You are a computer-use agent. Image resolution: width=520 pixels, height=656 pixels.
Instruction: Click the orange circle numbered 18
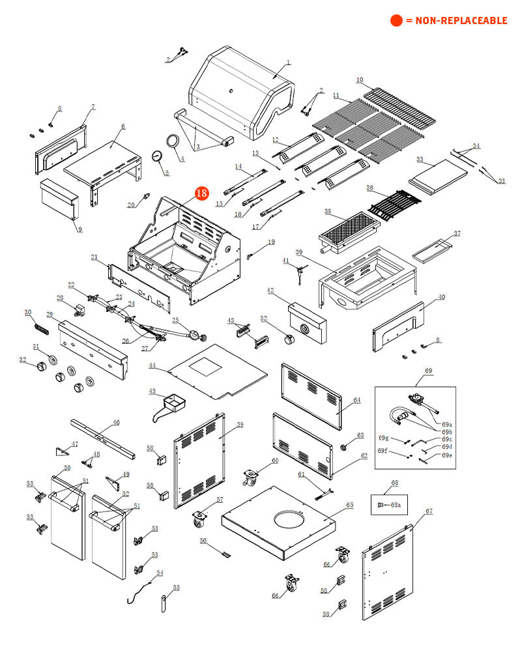point(201,193)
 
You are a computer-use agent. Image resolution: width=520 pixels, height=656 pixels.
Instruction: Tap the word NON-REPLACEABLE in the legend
point(456,21)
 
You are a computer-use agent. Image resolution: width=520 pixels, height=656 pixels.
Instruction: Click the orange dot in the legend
point(396,21)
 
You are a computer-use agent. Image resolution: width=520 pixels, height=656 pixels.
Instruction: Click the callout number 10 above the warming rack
point(359,80)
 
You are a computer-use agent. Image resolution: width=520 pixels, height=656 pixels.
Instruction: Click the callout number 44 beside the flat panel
point(152,366)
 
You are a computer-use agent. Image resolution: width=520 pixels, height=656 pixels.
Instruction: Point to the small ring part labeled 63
point(343,448)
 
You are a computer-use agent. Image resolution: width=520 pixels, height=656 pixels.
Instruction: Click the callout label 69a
point(446,424)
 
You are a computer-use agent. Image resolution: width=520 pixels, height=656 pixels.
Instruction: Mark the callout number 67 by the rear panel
point(429,511)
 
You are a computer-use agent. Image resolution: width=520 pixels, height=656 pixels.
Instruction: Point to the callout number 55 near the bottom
point(176,587)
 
